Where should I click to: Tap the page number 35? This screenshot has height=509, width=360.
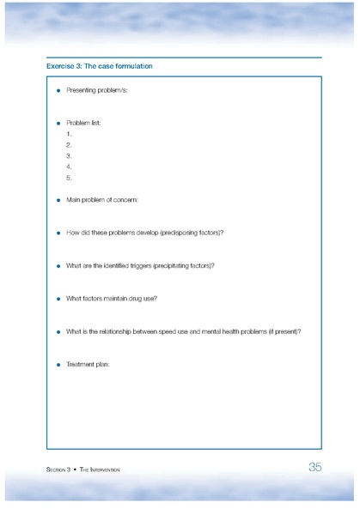tap(314, 467)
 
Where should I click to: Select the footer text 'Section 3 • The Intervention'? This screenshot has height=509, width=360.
tap(83, 470)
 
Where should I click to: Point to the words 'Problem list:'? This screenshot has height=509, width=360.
tap(83, 123)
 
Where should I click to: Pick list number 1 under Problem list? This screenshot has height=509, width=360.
tap(68, 134)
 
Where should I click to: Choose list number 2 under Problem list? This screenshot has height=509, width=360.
tap(68, 145)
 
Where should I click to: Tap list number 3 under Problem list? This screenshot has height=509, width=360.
tap(68, 156)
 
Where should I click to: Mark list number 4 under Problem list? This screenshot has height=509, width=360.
tap(68, 167)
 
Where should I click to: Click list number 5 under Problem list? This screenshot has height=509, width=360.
tap(68, 178)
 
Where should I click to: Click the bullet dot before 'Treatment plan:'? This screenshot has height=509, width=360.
tap(58, 364)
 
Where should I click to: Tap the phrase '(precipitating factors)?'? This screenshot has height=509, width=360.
tap(184, 265)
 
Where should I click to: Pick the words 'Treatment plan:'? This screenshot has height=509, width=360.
tap(88, 364)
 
